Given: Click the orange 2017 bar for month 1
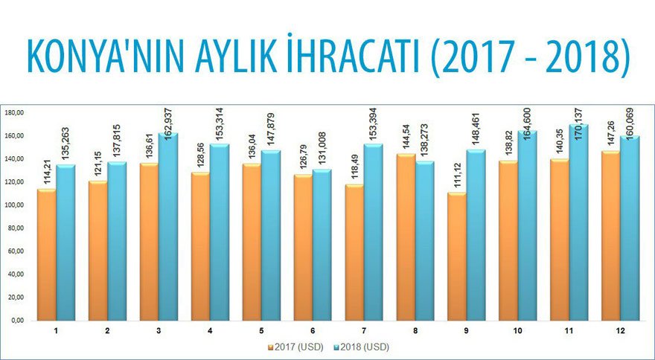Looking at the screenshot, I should pos(46,254).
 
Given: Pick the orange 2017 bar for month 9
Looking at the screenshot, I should pos(456,257).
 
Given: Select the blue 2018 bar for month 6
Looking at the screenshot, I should pos(322,245).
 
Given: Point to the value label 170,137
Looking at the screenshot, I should pos(578,106).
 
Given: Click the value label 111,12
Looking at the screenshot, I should pos(456,176).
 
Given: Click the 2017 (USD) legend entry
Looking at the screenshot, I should pos(294,346).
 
